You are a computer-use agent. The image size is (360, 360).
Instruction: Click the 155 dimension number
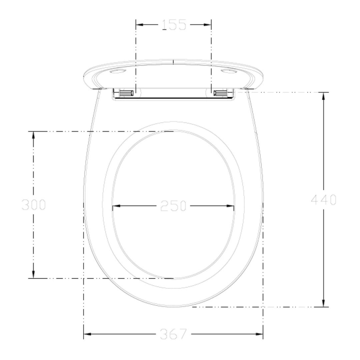[x=174, y=25]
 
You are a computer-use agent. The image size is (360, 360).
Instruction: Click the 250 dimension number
[x=173, y=206]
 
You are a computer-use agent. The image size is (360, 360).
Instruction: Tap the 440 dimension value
[x=324, y=200]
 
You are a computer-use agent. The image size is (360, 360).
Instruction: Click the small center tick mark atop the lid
[x=173, y=62]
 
